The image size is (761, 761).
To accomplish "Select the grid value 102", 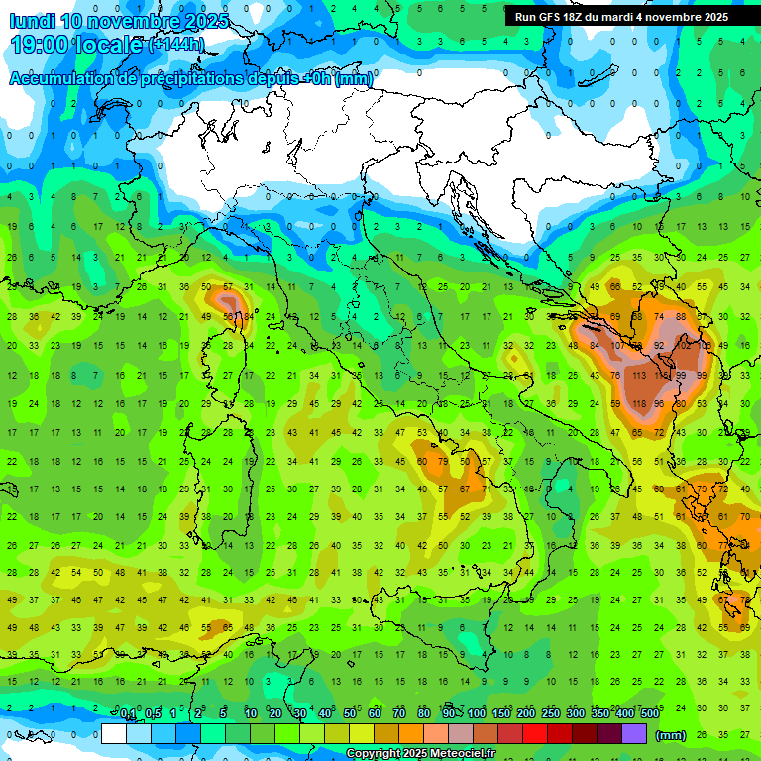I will [683, 346].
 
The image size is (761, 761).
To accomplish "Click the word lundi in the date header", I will [34, 21].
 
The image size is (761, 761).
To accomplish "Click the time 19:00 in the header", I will [42, 45].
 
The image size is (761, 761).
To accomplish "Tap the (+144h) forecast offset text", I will [175, 45].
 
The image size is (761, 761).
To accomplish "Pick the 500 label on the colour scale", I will [649, 714].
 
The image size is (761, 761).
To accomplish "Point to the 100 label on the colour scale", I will [477, 714].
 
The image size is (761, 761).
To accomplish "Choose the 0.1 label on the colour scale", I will [128, 714].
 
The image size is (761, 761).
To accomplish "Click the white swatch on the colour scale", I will [114, 734].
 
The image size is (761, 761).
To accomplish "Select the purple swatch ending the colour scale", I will [634, 734].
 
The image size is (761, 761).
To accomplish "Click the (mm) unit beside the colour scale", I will [671, 735].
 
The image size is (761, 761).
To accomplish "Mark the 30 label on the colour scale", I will [300, 714].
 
